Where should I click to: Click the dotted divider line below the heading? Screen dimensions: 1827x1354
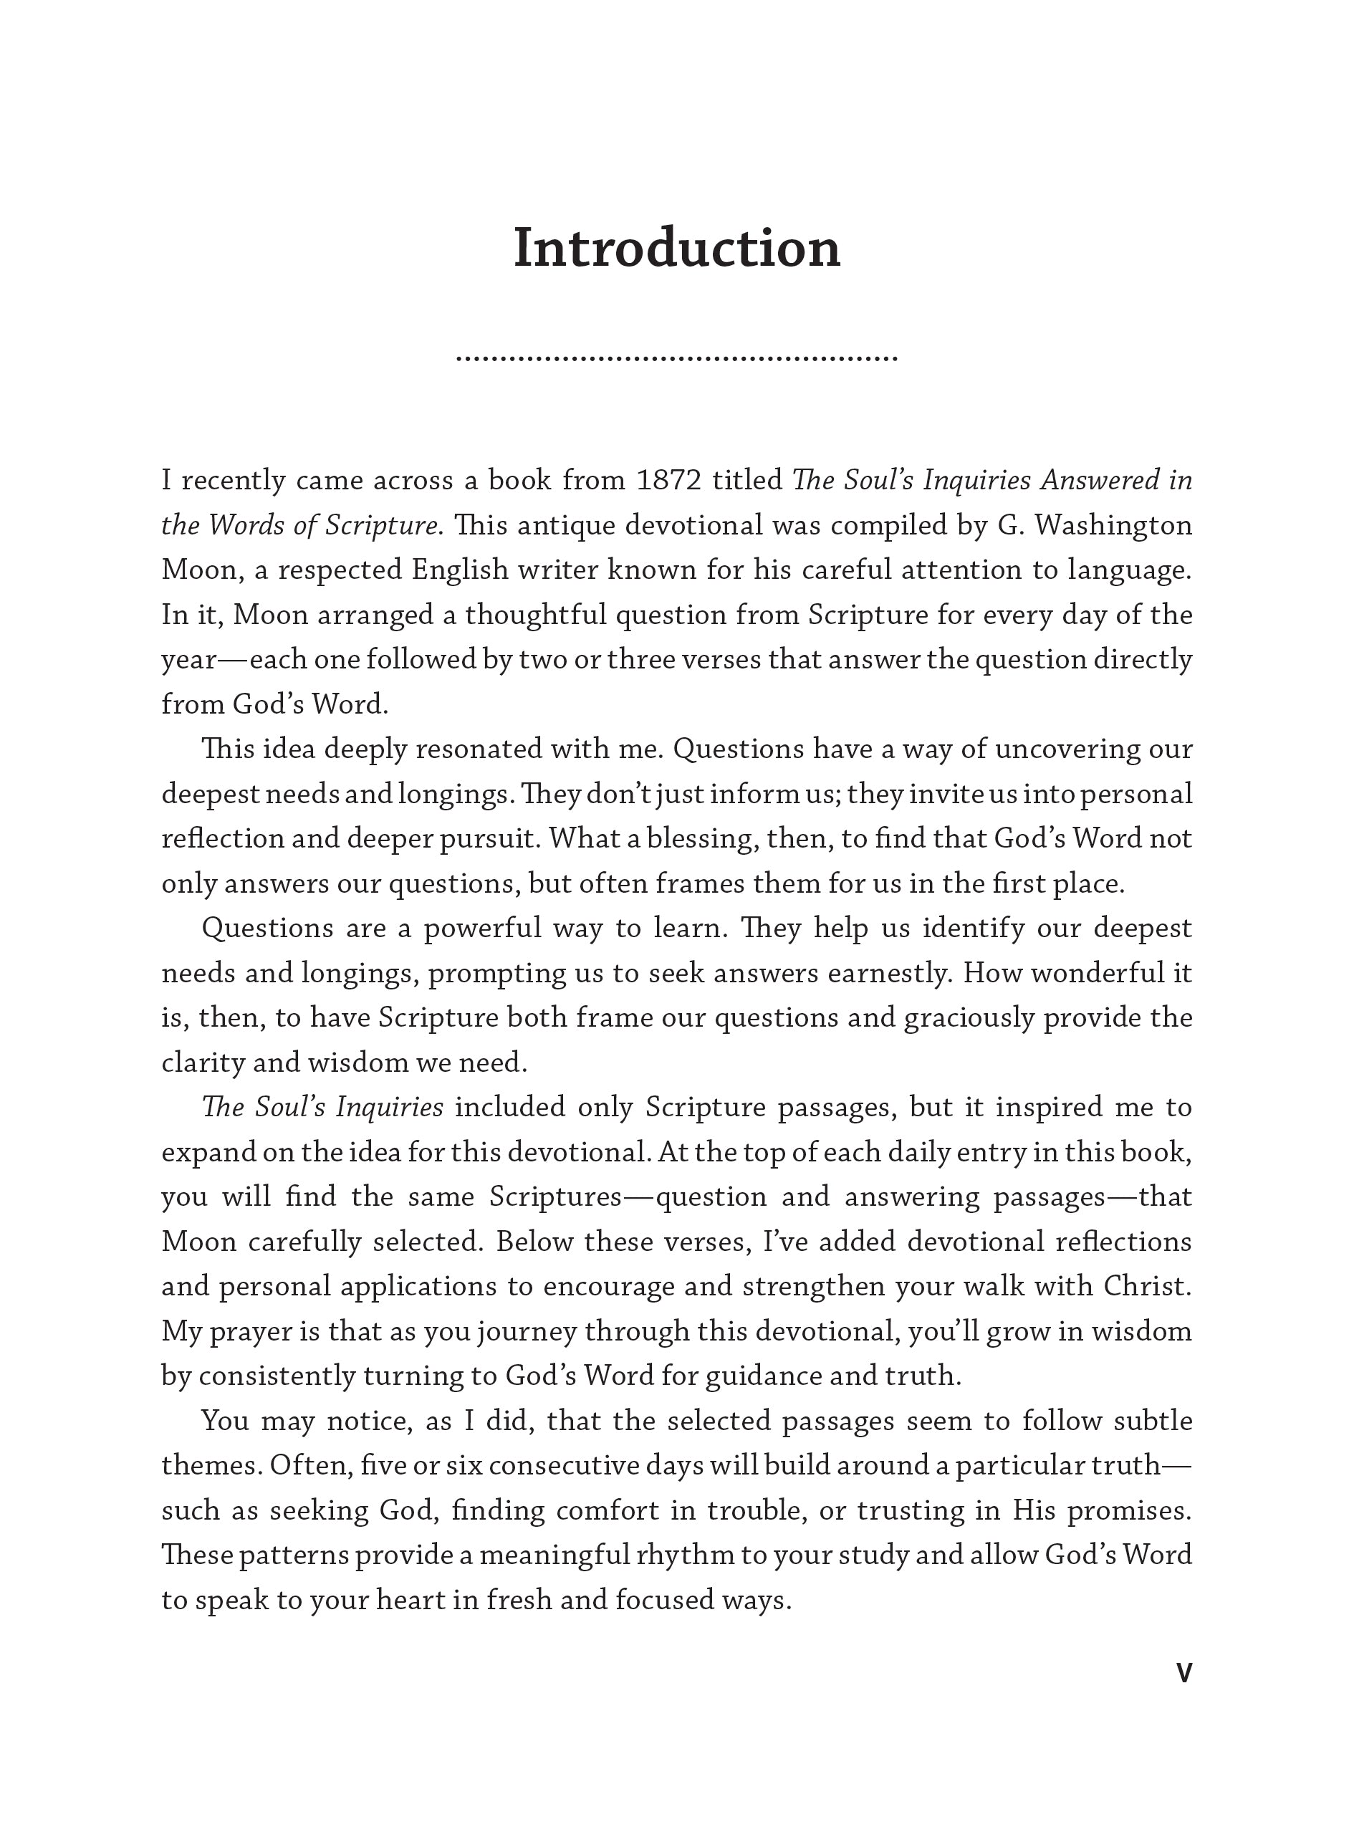(676, 358)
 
